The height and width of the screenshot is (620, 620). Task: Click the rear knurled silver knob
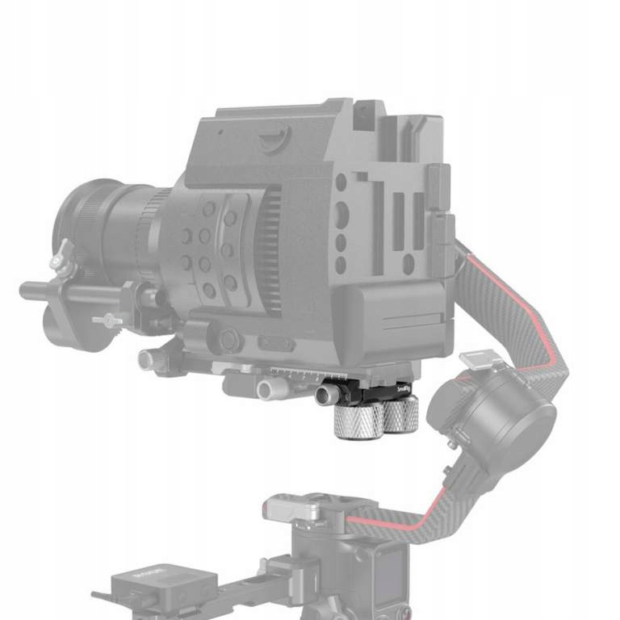point(400,416)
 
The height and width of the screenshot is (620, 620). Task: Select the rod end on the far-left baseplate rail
point(146,359)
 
